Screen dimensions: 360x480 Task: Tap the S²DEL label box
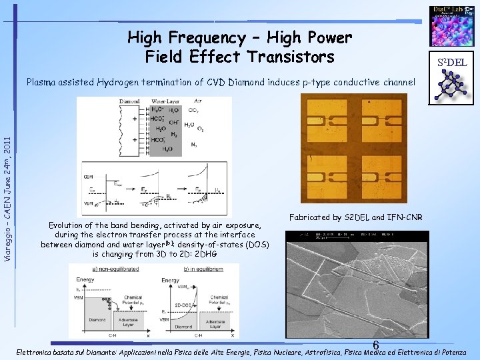[451, 63]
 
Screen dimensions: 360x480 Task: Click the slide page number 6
[376, 345]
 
